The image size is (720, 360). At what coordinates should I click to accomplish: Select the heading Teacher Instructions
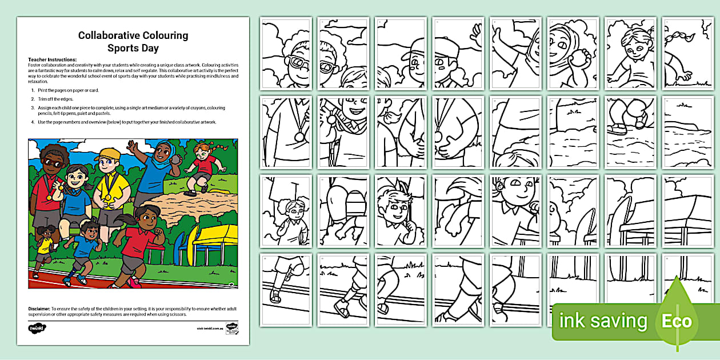point(52,59)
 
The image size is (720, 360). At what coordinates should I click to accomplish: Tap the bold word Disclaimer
point(39,309)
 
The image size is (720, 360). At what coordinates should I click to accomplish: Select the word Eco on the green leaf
point(677,321)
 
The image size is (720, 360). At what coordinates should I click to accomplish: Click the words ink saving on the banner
point(603,321)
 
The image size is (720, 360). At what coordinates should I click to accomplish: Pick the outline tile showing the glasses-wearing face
point(286,53)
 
